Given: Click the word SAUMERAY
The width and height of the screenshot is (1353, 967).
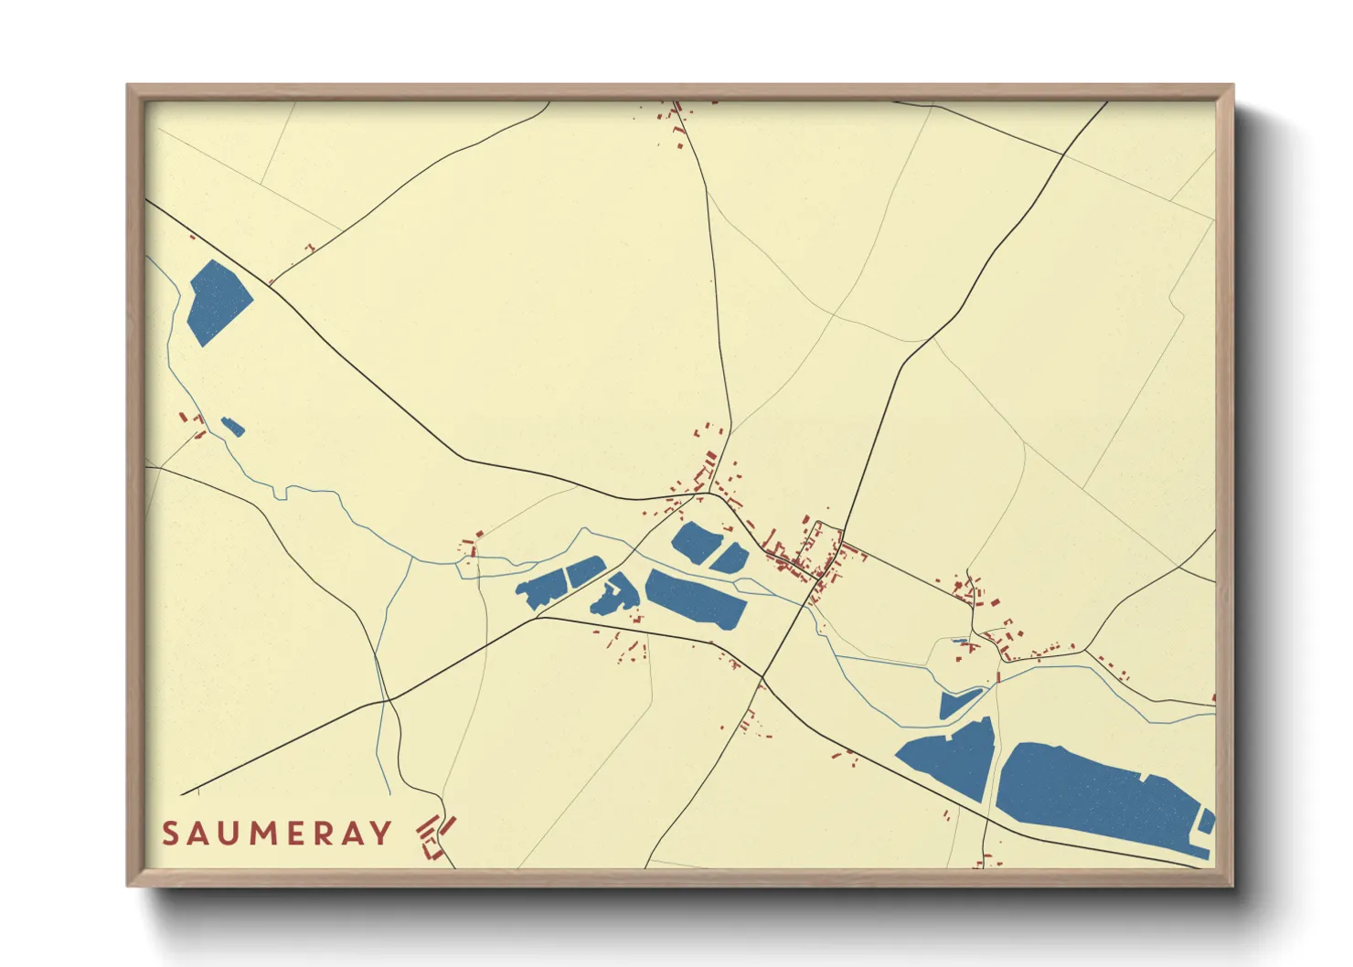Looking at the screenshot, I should point(277,834).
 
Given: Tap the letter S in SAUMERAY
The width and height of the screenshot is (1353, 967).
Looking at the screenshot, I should point(170,834).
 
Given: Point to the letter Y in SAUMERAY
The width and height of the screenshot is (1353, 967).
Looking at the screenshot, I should point(381,834).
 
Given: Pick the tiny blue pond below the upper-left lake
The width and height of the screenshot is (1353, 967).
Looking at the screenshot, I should point(232,426).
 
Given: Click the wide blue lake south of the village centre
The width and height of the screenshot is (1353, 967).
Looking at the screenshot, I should point(695,598).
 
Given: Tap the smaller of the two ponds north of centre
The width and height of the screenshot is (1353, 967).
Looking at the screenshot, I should point(730,558).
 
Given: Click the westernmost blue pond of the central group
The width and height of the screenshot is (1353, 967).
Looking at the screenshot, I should point(541,590).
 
